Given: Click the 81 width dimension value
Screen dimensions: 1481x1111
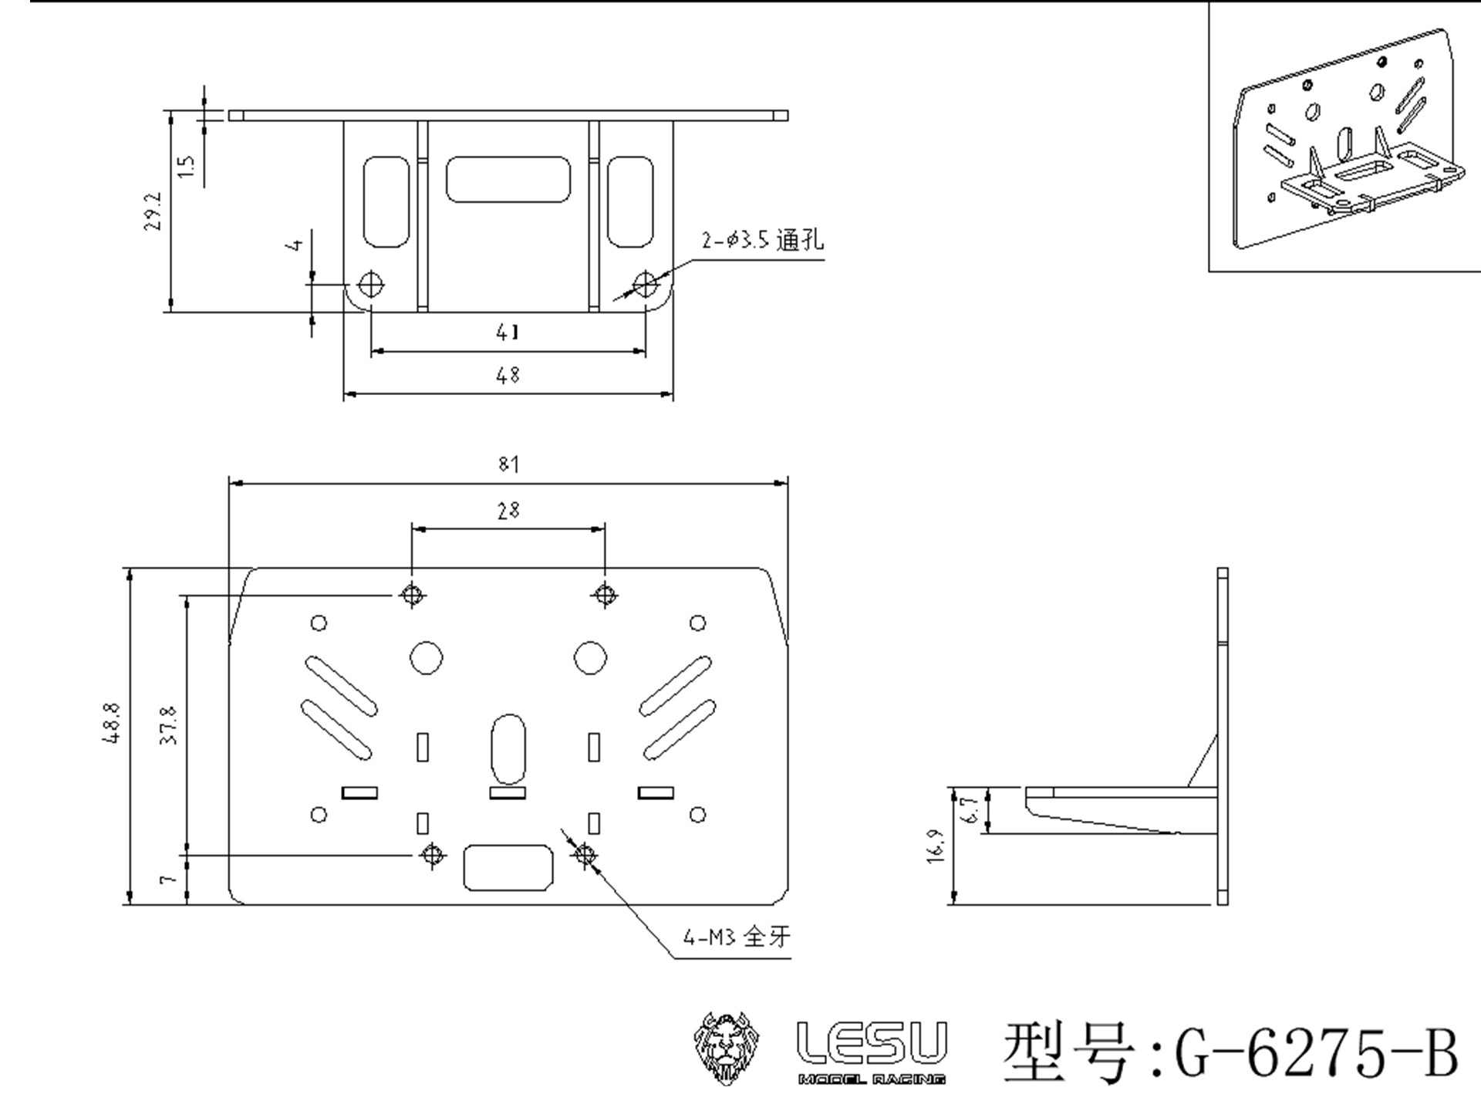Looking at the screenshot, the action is click(x=508, y=464).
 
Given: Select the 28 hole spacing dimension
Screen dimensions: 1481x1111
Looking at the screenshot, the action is click(x=508, y=510).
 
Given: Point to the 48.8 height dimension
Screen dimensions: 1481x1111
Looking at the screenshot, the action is click(x=112, y=723).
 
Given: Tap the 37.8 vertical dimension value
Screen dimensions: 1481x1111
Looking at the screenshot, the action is click(x=170, y=724).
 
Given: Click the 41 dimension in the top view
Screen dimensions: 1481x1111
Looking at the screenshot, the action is click(x=508, y=332).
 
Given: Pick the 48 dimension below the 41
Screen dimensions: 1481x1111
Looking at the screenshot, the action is click(x=508, y=375).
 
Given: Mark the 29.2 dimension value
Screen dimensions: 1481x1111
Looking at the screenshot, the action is click(x=153, y=211).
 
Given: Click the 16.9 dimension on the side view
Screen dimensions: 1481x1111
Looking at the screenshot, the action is click(x=936, y=846).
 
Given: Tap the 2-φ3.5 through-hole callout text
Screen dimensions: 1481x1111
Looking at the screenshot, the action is click(x=762, y=240).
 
